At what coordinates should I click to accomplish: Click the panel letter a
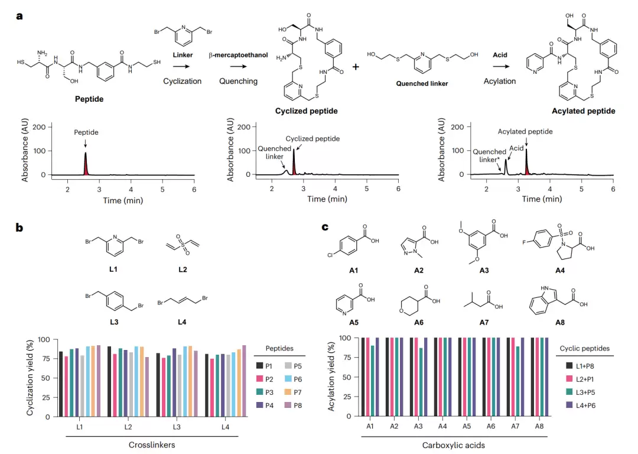coord(19,17)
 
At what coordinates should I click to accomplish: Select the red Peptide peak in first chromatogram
coord(86,164)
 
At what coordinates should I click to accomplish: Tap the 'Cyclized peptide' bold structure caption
coord(307,111)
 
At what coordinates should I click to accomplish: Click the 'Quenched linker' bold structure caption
coord(422,83)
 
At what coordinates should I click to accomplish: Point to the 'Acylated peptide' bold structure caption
coord(584,111)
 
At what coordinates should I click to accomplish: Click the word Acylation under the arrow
coord(500,81)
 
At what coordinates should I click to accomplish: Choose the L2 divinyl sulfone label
coord(183,270)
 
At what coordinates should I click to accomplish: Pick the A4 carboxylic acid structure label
coord(560,270)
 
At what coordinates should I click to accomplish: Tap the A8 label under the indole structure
coord(560,323)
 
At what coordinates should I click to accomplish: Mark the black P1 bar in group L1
coord(61,384)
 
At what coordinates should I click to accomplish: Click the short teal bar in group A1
coord(372,381)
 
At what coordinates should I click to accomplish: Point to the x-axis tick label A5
coord(467,426)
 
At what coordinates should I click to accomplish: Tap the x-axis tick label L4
coord(225,427)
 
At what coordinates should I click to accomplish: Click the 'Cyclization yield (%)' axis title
coord(30,378)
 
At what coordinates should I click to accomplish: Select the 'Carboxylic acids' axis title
coord(453,445)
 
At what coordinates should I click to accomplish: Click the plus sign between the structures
coord(356,66)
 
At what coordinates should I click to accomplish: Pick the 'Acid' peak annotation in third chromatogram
coord(516,148)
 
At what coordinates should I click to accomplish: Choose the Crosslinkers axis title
coord(152,445)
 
